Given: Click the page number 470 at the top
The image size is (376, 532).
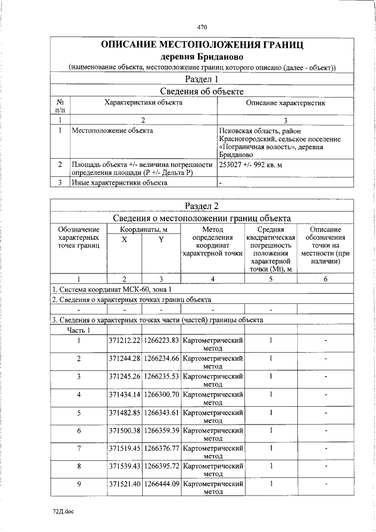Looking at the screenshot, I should pyautogui.click(x=202, y=27).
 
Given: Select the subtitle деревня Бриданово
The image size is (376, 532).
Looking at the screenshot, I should pyautogui.click(x=202, y=56).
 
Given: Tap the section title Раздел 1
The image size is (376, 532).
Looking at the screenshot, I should pyautogui.click(x=202, y=79).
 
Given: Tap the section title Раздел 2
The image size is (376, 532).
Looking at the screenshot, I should pyautogui.click(x=202, y=205).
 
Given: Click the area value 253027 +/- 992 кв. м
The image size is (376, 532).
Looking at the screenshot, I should pyautogui.click(x=250, y=165).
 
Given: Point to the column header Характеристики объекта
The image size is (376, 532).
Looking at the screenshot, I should pyautogui.click(x=143, y=102).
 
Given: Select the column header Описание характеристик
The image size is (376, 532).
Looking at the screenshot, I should pyautogui.click(x=286, y=103).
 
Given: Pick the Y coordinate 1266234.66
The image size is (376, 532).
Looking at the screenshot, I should pyautogui.click(x=162, y=359).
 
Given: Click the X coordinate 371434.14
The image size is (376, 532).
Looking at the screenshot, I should pyautogui.click(x=125, y=394).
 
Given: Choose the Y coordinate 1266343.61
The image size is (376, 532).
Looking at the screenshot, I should pyautogui.click(x=162, y=412).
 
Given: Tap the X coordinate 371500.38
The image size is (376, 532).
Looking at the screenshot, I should pyautogui.click(x=125, y=430).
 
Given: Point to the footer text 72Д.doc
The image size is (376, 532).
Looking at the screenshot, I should pyautogui.click(x=63, y=511).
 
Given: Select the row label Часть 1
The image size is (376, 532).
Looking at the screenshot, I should pyautogui.click(x=78, y=330).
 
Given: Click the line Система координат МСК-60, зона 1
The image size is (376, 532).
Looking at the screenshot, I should pyautogui.click(x=113, y=290).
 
